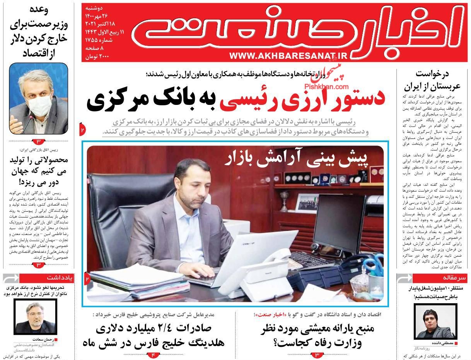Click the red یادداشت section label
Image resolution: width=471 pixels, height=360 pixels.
[x=60, y=278]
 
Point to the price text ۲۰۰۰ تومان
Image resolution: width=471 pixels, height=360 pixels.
[x=96, y=57]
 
